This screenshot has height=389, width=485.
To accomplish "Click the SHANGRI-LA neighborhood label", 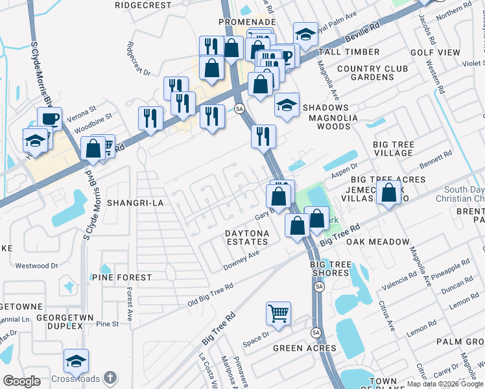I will tap(134, 203).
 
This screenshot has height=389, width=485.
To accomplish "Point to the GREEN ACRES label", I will tap(304, 348).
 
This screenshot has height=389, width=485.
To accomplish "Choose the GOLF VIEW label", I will tap(434, 52).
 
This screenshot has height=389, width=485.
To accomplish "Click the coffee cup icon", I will tap(49, 119).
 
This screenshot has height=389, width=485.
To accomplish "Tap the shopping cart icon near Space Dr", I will tap(278, 313).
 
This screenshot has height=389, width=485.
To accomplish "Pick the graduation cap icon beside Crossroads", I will tap(76, 361).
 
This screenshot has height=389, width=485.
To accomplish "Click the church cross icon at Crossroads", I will tap(111, 377).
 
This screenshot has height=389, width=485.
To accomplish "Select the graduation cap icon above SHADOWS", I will tap(286, 105).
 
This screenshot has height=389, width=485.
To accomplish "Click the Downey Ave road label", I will tap(241, 259).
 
